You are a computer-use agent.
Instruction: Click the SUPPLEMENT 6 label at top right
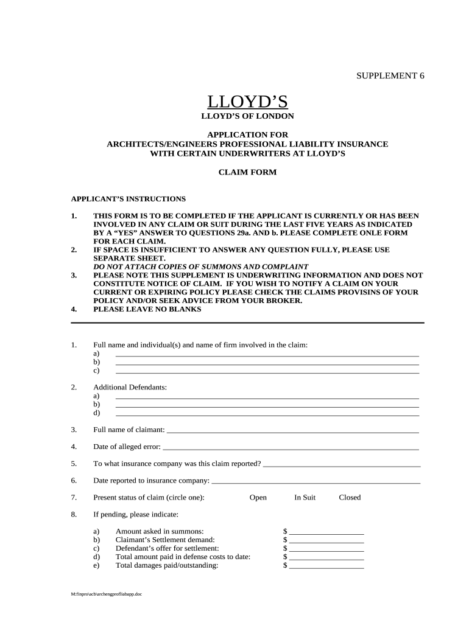390,75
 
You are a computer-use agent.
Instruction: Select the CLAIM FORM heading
247,172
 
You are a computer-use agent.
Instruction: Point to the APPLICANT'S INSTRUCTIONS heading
129,199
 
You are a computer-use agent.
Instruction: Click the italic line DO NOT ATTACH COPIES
200,266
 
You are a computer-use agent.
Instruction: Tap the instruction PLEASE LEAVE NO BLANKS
147,309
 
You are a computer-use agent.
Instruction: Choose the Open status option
258,497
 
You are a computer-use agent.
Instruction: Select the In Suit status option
305,497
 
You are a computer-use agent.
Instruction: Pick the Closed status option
350,497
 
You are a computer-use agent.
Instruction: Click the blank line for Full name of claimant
292,430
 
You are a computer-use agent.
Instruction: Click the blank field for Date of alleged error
291,447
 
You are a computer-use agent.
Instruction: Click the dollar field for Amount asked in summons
326,531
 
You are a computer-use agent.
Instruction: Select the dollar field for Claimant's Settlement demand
326,540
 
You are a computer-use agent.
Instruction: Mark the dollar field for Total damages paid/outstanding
326,565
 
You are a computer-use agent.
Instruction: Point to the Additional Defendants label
130,387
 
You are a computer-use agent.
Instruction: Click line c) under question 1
267,371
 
